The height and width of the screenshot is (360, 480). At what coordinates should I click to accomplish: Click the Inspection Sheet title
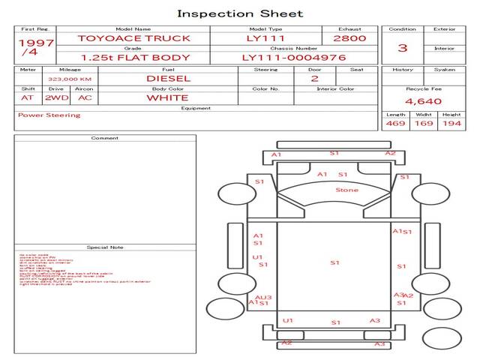(240, 13)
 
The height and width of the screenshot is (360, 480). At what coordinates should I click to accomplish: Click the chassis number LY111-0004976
(293, 57)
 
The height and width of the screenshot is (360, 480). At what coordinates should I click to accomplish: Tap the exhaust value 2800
(349, 37)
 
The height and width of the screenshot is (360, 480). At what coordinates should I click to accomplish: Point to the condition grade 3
(403, 48)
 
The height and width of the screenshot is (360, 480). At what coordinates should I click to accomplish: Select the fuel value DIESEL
(168, 77)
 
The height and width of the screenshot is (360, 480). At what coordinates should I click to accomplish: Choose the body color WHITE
(167, 97)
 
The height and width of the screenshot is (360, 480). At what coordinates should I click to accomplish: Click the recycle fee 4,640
(423, 100)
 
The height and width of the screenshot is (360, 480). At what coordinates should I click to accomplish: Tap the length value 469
(395, 123)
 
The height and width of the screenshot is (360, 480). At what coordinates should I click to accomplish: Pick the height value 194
(451, 123)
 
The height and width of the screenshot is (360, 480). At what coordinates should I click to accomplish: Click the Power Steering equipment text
(49, 115)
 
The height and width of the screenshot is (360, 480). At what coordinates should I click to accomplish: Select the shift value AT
(27, 97)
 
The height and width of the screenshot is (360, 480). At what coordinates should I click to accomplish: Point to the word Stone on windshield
(346, 190)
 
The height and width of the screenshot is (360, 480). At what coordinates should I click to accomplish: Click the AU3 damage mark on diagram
(263, 298)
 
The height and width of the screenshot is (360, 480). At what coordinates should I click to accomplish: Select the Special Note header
(105, 247)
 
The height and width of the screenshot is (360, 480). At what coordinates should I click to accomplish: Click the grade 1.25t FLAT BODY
(125, 57)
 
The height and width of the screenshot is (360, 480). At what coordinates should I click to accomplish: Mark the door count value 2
(314, 78)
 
